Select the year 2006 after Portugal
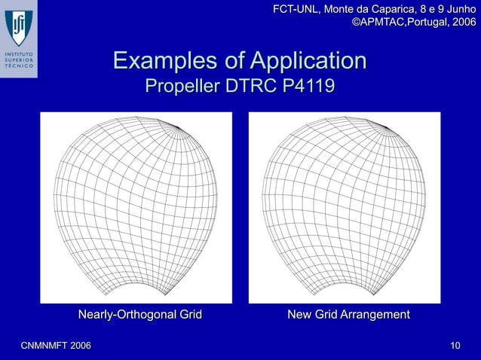pyautogui.click(x=461, y=23)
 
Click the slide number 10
pyautogui.click(x=455, y=345)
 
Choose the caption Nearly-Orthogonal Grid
pyautogui.click(x=140, y=314)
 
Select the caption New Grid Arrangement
pyautogui.click(x=348, y=314)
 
